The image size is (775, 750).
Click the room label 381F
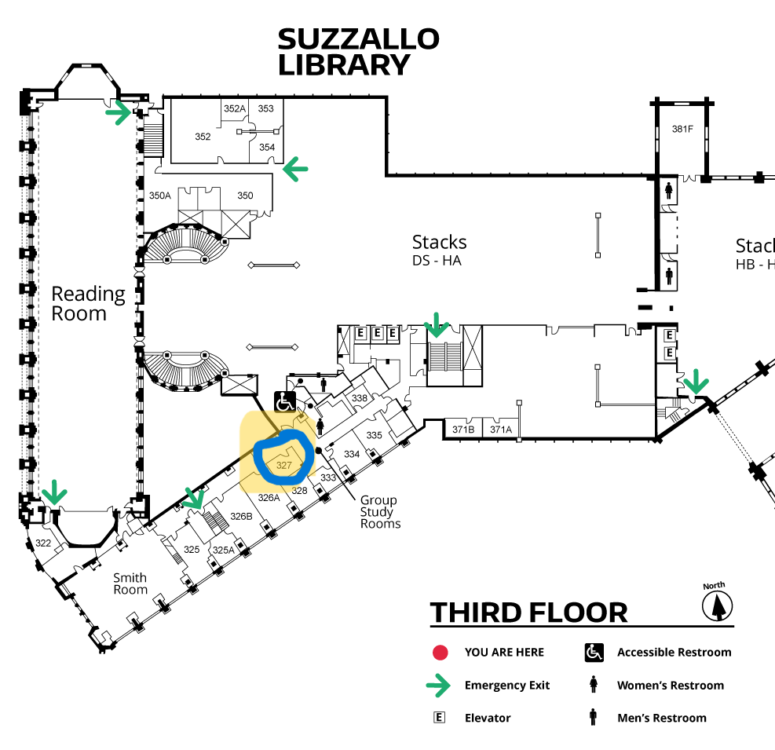[x=682, y=129]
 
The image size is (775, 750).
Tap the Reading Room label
[x=88, y=304]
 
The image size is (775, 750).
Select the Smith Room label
[x=130, y=584]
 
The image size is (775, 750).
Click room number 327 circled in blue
[x=283, y=465]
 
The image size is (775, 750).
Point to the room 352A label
[x=234, y=108]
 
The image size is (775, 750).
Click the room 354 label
[x=267, y=148]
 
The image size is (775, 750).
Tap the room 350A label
[x=159, y=196]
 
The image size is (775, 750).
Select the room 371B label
[x=463, y=430]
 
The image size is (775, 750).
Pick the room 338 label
[x=360, y=398]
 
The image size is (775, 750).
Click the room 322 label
[x=43, y=543]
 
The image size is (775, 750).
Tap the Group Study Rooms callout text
[x=380, y=512]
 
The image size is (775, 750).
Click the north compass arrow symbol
[x=718, y=606]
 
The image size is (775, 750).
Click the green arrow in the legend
[x=438, y=686]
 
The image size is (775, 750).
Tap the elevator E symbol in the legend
[x=439, y=717]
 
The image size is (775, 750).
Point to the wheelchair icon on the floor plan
[x=285, y=401]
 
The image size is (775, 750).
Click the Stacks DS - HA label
[x=439, y=251]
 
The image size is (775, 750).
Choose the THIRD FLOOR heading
[x=528, y=613]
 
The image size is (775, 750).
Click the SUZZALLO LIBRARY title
[x=358, y=52]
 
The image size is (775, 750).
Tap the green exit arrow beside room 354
[x=295, y=169]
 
